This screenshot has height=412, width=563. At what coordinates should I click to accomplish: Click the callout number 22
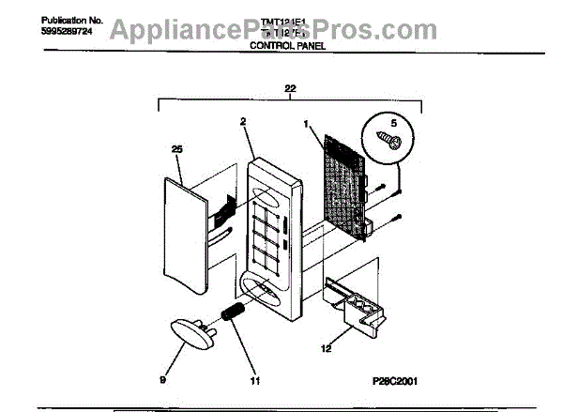[290, 87]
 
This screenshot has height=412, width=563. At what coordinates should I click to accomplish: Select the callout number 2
[242, 122]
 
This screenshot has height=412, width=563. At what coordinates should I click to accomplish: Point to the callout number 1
[306, 123]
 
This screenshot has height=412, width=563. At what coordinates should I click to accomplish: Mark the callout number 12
[352, 349]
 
